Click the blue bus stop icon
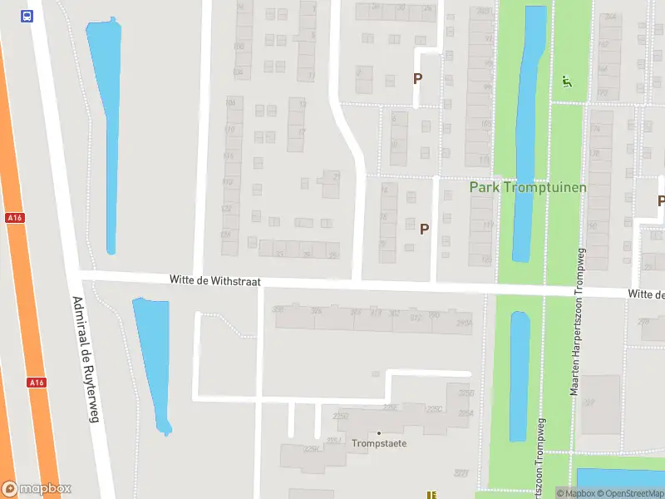click(x=27, y=16)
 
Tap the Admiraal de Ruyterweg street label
click(x=85, y=359)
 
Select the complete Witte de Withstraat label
click(x=215, y=282)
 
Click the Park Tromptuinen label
click(x=528, y=187)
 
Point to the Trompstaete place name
click(x=379, y=443)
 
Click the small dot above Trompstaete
click(x=379, y=432)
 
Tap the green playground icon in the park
click(x=567, y=82)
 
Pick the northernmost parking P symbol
click(x=418, y=78)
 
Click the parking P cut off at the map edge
click(x=661, y=200)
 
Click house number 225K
click(x=312, y=450)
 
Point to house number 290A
click(x=464, y=322)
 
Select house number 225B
click(x=465, y=393)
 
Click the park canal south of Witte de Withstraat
click(x=520, y=374)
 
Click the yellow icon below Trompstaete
click(x=431, y=495)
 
